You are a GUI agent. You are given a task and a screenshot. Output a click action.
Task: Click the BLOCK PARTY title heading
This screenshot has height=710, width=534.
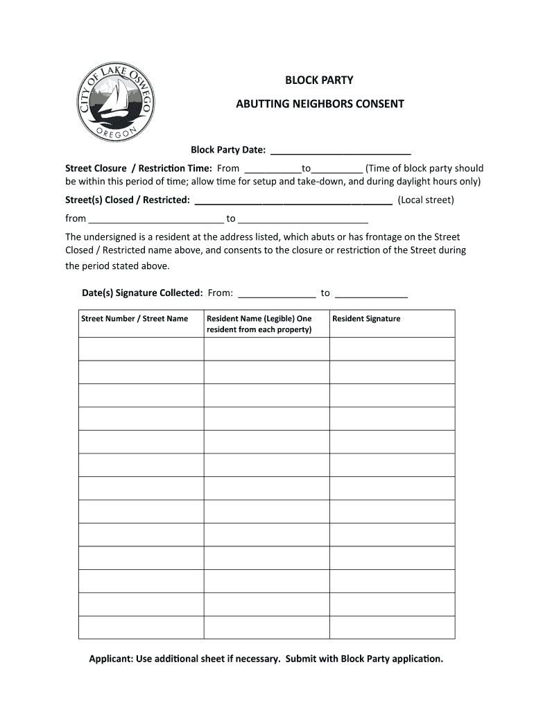pyautogui.click(x=319, y=80)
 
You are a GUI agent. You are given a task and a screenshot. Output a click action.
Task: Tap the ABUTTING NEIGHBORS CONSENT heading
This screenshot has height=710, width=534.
pyautogui.click(x=319, y=104)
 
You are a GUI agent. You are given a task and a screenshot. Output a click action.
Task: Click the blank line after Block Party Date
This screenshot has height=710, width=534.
pyautogui.click(x=340, y=150)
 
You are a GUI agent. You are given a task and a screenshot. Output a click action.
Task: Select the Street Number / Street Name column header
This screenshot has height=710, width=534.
pyautogui.click(x=135, y=319)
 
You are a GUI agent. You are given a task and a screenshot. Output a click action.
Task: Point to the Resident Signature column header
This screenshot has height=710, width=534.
pyautogui.click(x=366, y=319)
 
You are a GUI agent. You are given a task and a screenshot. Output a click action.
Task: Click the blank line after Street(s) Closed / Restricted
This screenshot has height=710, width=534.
pyautogui.click(x=294, y=200)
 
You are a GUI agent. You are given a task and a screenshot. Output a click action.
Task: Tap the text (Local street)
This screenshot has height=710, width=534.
pyautogui.click(x=426, y=200)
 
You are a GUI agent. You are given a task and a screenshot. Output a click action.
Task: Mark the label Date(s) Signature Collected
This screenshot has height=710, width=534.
pyautogui.click(x=142, y=293)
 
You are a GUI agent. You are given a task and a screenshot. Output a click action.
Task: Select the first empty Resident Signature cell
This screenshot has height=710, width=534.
pyautogui.click(x=392, y=349)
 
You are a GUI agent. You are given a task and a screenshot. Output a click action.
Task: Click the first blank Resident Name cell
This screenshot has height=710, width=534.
pyautogui.click(x=266, y=349)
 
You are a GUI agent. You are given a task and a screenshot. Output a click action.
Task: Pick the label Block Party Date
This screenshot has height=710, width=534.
pyautogui.click(x=228, y=150)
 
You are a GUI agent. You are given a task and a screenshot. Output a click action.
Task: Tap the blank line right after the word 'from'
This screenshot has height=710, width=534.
pyautogui.click(x=156, y=219)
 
